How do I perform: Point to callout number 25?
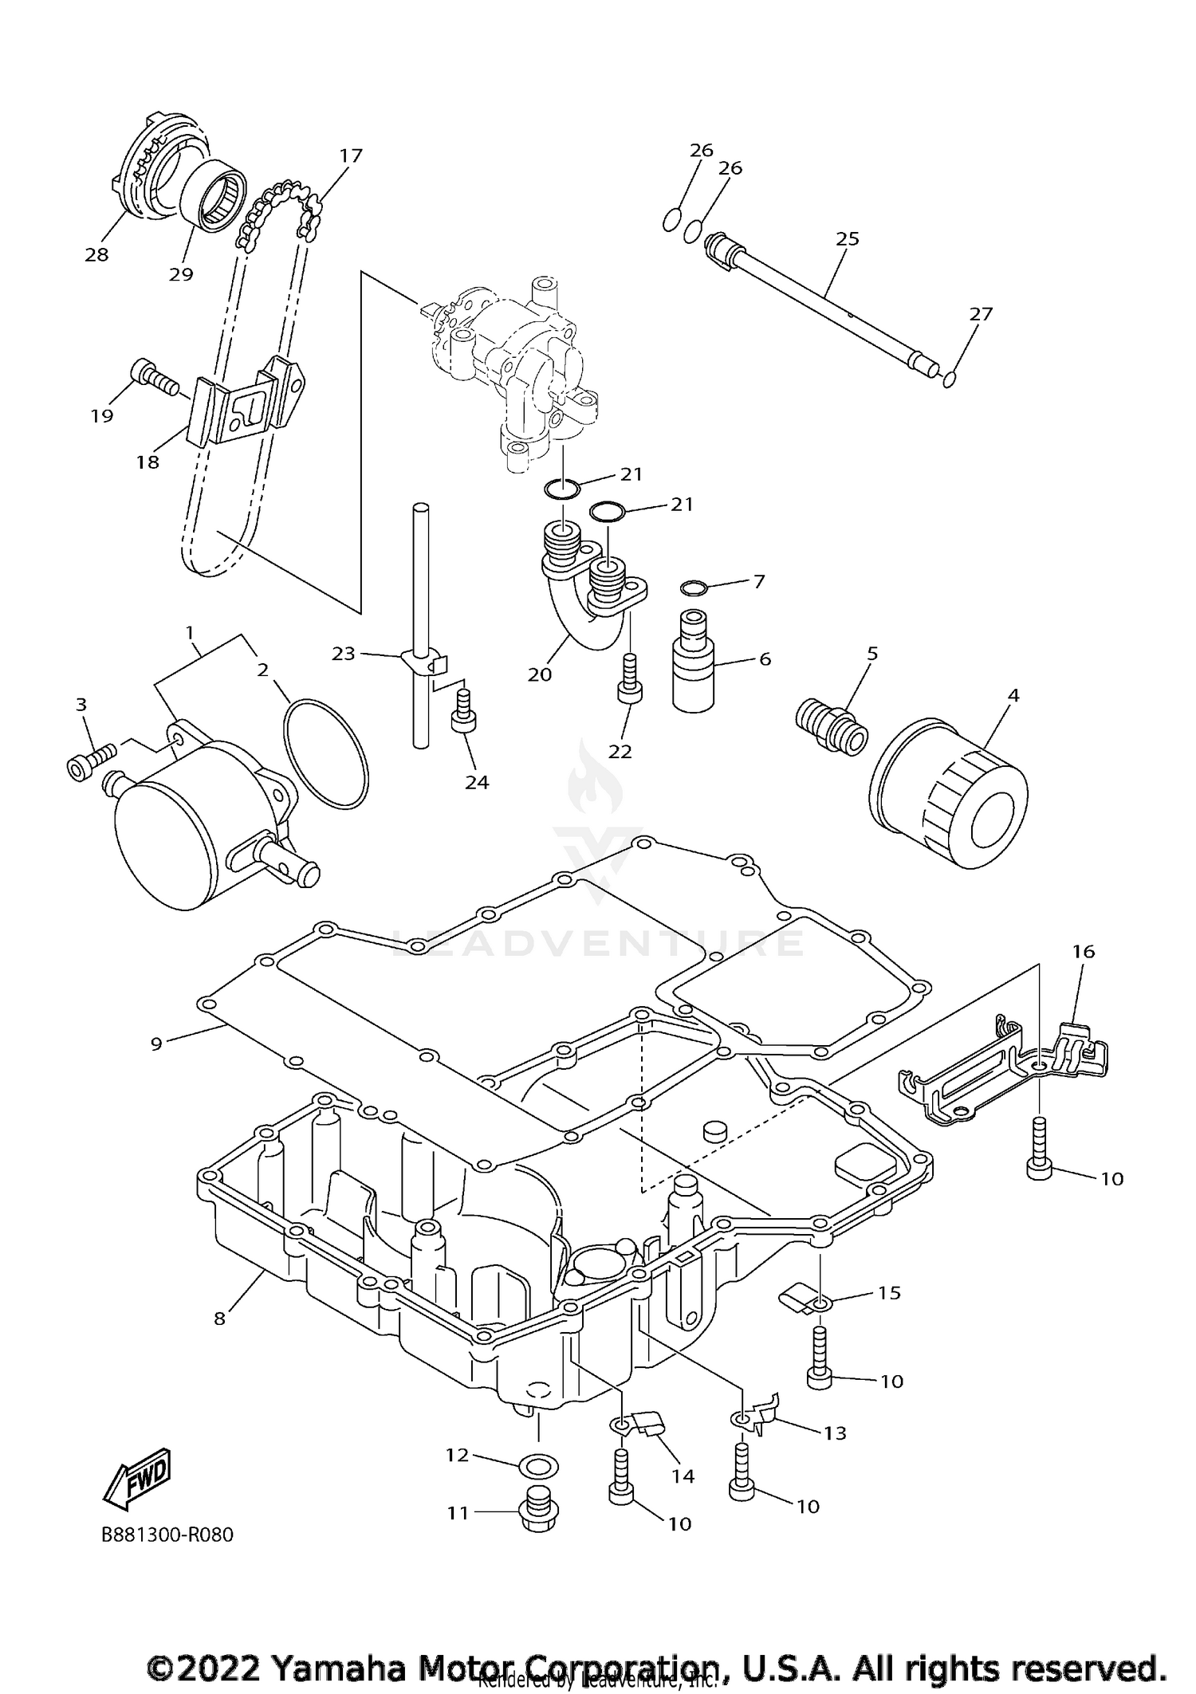tap(847, 238)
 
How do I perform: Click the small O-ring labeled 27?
tap(949, 379)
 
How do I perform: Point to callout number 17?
tap(351, 155)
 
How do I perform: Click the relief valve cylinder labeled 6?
tap(695, 660)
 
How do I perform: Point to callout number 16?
tap(1083, 951)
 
